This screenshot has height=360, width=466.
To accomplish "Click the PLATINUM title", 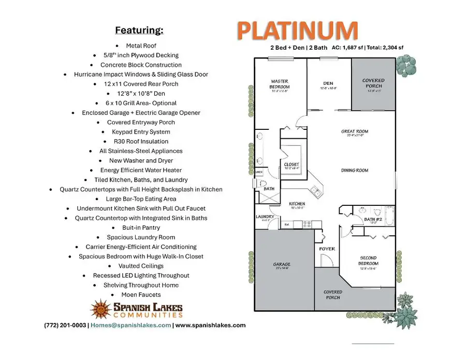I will pos(297,31).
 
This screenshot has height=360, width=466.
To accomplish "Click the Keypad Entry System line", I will pos(141,132).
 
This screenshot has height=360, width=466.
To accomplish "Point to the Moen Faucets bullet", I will pos(141,294).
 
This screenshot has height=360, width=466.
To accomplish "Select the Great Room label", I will pos(355,131).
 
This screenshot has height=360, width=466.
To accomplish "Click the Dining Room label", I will pos(355,170).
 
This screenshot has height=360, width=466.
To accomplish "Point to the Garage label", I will pos(282,264).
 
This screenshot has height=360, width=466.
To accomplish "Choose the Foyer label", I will pos(327,249).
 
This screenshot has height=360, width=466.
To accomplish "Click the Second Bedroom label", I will pos(368,260).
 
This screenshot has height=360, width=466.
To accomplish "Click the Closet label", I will pos(292,165).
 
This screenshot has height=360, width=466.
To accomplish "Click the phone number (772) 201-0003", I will pos(65,325).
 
